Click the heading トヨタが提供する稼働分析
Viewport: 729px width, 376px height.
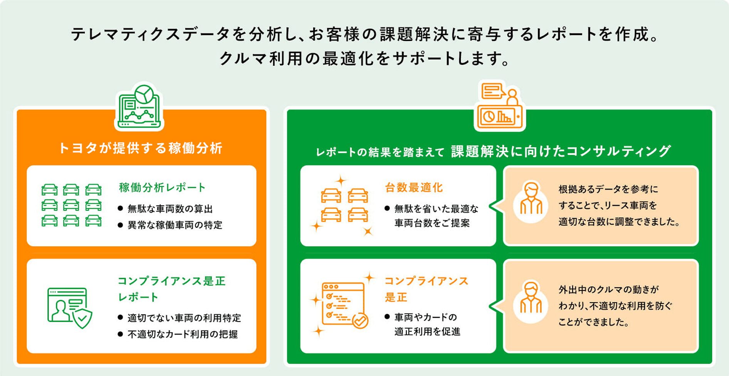[141, 148]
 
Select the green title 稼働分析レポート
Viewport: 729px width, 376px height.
[162, 188]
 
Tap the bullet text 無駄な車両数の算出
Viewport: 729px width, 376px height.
[170, 209]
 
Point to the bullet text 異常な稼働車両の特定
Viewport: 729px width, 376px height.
[175, 225]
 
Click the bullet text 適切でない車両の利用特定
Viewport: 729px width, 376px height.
[184, 318]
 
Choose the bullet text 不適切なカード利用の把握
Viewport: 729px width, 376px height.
[183, 334]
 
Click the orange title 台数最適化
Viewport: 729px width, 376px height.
[414, 188]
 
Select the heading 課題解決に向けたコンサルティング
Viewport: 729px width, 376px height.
[561, 151]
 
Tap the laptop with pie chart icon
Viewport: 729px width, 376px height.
[139, 107]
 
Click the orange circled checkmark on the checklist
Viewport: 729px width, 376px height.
[360, 321]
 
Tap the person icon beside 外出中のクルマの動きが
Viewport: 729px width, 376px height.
[531, 302]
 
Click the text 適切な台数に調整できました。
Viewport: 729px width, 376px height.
[619, 222]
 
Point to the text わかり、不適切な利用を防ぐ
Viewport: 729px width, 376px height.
[615, 306]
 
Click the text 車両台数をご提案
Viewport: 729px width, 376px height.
[432, 223]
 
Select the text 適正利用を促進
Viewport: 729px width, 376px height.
[427, 331]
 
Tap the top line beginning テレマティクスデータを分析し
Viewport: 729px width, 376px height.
[364, 35]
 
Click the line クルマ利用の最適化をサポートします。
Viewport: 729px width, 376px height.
[364, 59]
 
